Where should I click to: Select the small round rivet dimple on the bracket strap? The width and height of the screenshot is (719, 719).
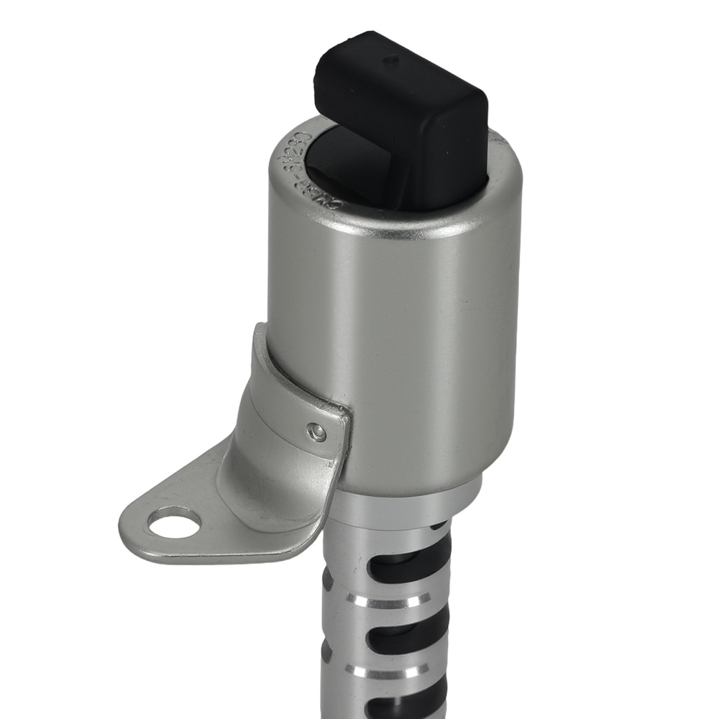tap(316, 432)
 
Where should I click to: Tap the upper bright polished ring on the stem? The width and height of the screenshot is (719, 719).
tap(388, 598)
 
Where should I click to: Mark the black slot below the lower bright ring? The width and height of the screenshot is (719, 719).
tap(392, 701)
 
